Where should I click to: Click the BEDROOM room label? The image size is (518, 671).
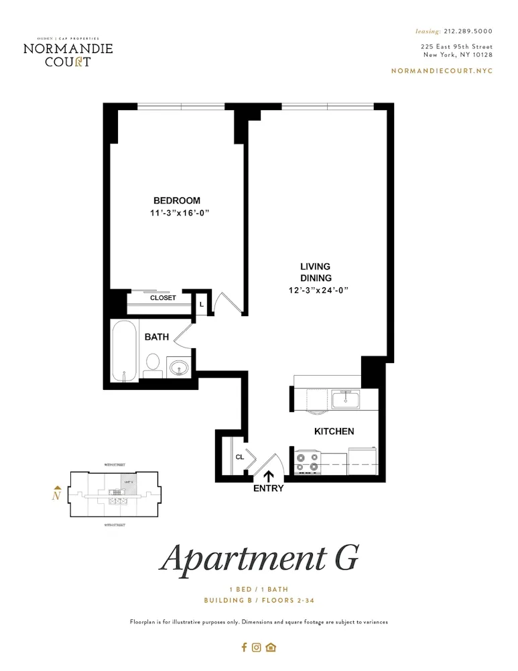tap(177, 200)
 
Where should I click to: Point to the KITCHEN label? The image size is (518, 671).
tap(334, 431)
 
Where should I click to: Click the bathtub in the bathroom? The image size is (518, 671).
tap(125, 351)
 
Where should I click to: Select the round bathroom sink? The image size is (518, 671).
tap(179, 367)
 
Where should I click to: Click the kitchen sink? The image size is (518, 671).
tap(345, 399)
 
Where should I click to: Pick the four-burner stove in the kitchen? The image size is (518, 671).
tap(307, 462)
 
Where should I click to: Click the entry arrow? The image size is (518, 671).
tap(269, 476)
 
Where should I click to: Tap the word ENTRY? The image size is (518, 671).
tap(269, 488)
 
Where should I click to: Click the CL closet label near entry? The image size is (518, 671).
tap(239, 458)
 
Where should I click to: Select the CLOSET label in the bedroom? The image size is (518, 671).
tap(163, 298)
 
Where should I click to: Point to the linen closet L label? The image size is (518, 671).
tap(201, 304)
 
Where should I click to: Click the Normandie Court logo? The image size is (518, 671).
tap(68, 52)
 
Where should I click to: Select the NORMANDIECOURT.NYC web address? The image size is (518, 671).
tap(441, 71)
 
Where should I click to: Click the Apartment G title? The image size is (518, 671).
tap(259, 558)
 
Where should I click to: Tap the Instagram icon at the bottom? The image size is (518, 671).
tap(257, 648)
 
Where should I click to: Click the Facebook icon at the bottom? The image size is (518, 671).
tap(244, 648)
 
